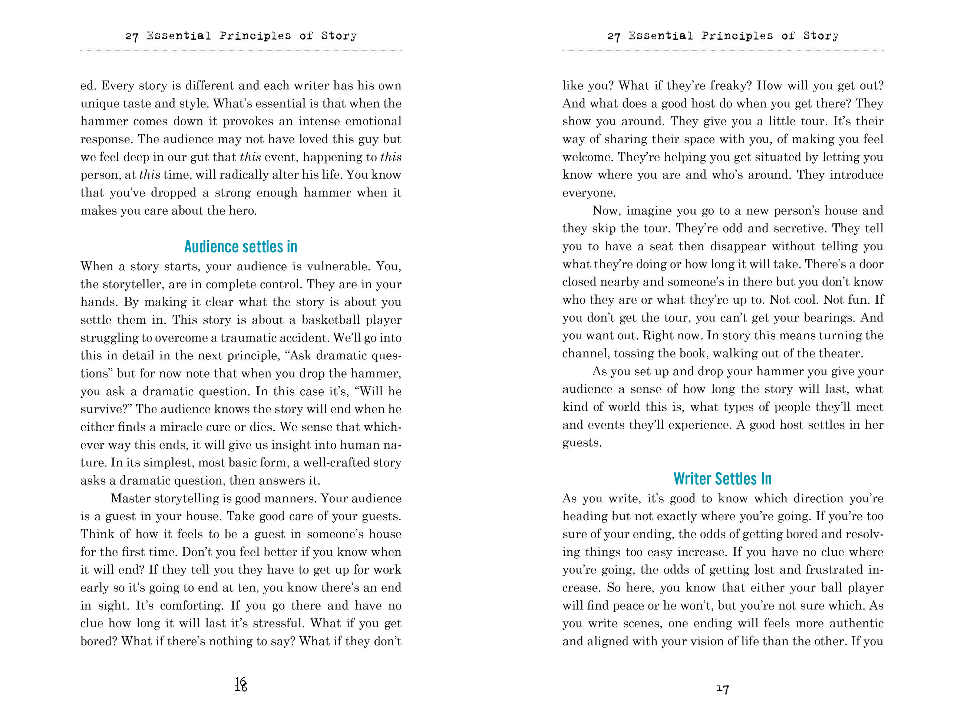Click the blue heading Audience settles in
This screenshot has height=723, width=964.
click(241, 247)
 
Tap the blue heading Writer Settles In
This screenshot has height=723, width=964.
click(722, 479)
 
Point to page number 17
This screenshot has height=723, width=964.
click(723, 689)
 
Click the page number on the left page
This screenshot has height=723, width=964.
click(241, 685)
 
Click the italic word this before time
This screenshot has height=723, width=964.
click(149, 175)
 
